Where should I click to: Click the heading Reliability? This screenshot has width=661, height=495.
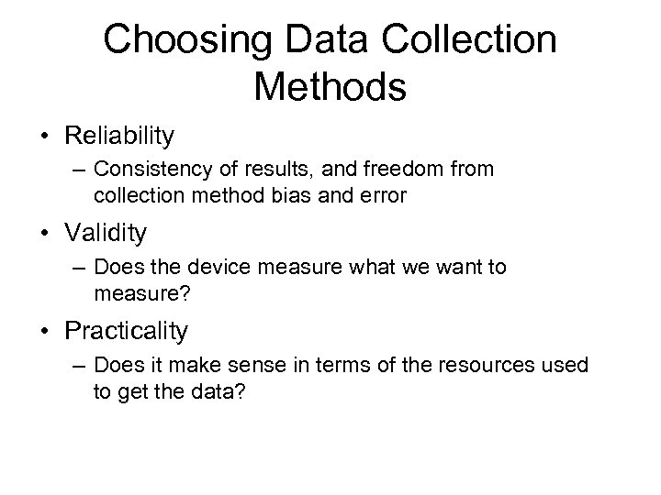coord(119,137)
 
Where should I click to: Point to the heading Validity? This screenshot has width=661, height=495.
coord(106,234)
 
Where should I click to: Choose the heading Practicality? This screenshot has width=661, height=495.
coord(126,331)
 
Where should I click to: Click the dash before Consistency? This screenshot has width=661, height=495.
coord(76,170)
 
